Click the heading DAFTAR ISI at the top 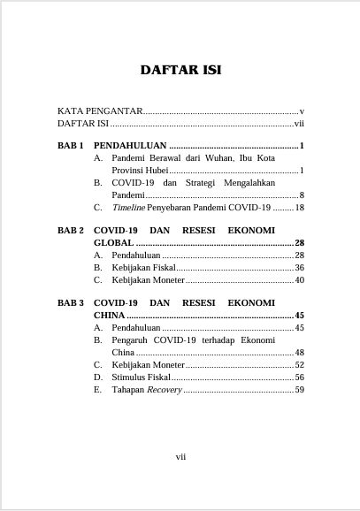[x=180, y=71]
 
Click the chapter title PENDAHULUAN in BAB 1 [x=129, y=144]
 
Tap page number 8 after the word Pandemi [x=302, y=194]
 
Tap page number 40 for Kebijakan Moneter [x=299, y=280]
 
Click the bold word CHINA [x=110, y=315]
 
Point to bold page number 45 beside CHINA [x=299, y=315]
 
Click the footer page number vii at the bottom [x=180, y=456]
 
